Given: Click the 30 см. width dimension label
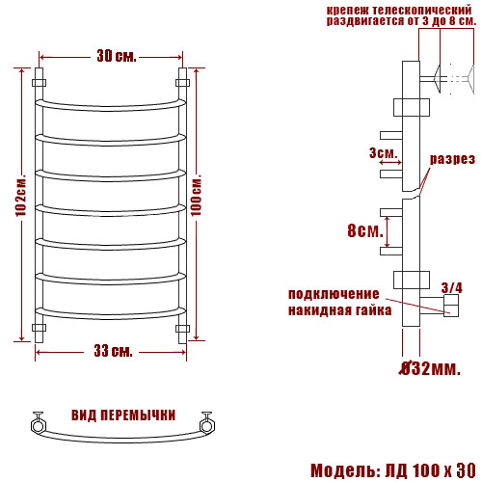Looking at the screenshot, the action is click(x=117, y=56).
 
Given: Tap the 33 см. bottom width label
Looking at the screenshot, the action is click(x=114, y=351).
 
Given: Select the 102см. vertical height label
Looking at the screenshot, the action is click(x=20, y=196).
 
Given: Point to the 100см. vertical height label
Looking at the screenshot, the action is click(x=197, y=195).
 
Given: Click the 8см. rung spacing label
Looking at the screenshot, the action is click(x=365, y=230).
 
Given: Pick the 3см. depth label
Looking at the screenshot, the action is click(x=383, y=152).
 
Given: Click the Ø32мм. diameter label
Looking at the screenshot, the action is click(x=430, y=369).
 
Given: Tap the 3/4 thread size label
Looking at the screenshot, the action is click(x=452, y=288).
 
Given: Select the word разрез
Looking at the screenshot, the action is click(x=452, y=159).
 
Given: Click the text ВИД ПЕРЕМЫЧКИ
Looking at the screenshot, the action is click(x=123, y=415).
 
